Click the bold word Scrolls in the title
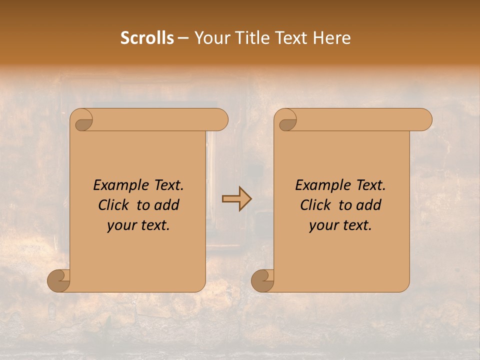147,38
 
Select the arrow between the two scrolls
236,199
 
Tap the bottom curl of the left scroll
58,281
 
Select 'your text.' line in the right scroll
340,225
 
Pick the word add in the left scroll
167,205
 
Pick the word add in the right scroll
369,205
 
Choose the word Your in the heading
210,38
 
